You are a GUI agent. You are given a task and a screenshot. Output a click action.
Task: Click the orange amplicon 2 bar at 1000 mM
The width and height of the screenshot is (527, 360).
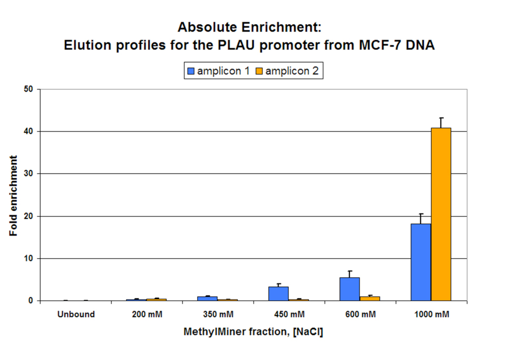click(441, 214)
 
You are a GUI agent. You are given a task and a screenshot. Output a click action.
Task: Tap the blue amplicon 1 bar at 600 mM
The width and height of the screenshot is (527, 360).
click(349, 289)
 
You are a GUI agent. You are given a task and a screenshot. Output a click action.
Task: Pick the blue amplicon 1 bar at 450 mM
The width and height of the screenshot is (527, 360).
click(278, 294)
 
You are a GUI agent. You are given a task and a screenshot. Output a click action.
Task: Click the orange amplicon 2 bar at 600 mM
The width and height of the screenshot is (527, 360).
click(369, 298)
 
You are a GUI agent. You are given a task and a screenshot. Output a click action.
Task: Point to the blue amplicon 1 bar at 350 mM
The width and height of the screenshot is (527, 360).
click(207, 298)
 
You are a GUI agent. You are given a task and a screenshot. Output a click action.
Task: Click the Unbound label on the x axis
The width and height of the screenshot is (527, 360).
click(76, 315)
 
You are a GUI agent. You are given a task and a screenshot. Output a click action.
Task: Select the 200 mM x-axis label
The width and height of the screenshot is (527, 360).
click(147, 315)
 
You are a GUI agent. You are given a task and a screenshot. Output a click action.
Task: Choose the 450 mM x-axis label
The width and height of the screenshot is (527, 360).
click(289, 315)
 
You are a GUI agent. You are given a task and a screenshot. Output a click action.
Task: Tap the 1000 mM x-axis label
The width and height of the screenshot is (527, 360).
click(431, 315)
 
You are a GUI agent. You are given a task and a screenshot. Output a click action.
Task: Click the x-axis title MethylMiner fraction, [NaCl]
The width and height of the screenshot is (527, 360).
click(253, 332)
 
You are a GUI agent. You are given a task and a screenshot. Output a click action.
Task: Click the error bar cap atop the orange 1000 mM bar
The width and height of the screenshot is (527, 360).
click(441, 118)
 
